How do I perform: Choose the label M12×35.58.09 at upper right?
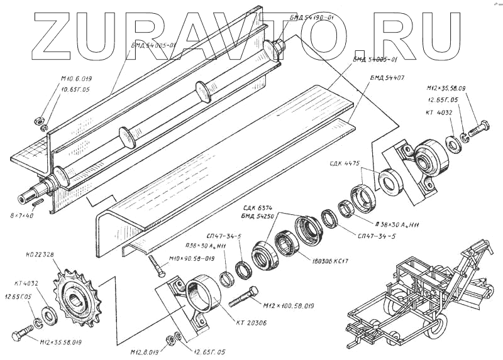446,89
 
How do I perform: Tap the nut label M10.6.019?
76,79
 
